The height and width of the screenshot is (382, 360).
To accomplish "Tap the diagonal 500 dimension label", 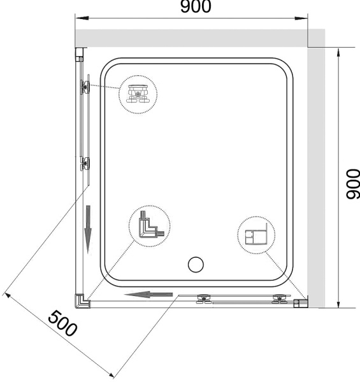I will (x=62, y=323).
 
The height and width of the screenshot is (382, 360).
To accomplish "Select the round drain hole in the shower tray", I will (x=196, y=264).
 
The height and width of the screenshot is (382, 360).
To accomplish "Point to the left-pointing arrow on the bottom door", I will (x=148, y=294).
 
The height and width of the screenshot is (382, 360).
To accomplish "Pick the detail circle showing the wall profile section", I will (x=256, y=236).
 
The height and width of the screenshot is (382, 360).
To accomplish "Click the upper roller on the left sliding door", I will (x=84, y=87).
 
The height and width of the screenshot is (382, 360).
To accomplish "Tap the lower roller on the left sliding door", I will (x=84, y=164).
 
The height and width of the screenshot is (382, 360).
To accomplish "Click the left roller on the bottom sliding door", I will (x=205, y=299).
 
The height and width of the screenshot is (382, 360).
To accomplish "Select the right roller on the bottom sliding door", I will (x=278, y=299).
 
